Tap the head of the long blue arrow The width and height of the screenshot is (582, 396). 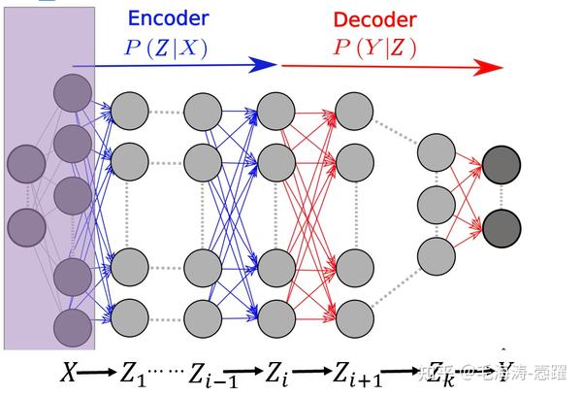tap(264, 65)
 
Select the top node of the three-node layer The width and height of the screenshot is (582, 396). tap(436, 153)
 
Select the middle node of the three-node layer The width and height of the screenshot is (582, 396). tap(436, 205)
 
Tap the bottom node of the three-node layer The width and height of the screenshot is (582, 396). tap(436, 255)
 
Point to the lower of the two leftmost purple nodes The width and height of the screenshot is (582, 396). tap(26, 227)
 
